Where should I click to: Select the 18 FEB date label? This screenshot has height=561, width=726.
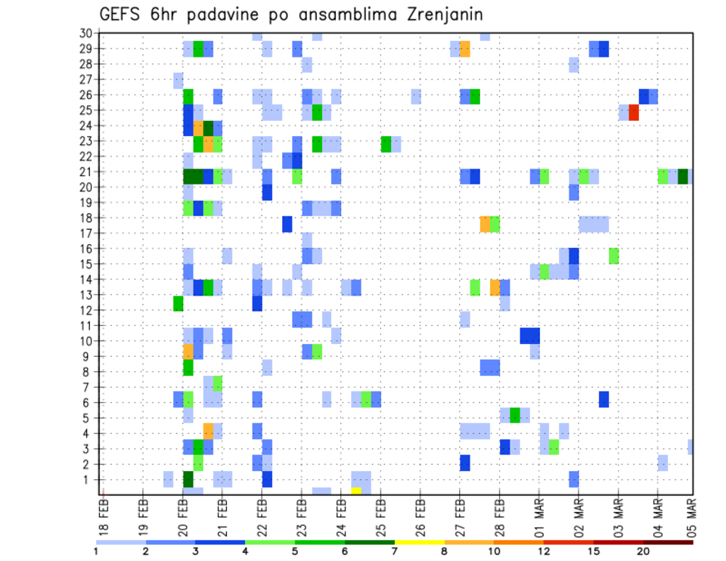pos(104,514)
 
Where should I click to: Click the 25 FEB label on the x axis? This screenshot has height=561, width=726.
pos(380,514)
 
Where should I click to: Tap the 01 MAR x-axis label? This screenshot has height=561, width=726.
pos(538,514)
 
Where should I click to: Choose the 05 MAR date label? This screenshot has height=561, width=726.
pos(690,514)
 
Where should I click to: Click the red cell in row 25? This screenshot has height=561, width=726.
pos(634,112)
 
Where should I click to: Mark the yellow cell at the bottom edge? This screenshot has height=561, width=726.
pos(356,491)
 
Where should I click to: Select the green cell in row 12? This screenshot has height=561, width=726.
pos(178,303)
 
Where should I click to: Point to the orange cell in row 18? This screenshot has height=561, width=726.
pos(485,224)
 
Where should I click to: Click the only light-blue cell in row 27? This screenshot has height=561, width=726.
pos(178,80)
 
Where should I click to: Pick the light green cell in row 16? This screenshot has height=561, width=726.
pos(614,256)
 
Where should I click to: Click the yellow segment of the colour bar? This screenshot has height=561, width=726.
pos(419,542)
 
